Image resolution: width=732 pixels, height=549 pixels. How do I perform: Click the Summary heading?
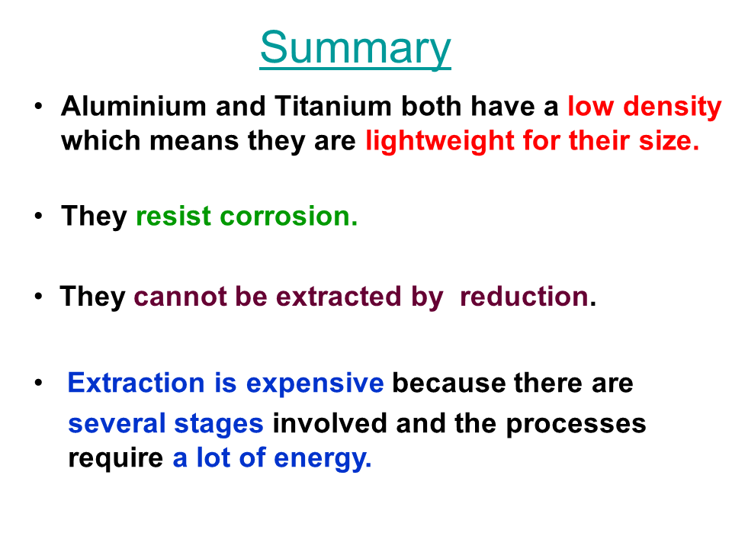click(355, 48)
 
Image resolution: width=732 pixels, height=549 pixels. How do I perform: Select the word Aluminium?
click(133, 106)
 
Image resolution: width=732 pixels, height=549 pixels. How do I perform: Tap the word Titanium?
click(333, 106)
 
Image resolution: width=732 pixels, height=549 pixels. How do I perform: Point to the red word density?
click(673, 108)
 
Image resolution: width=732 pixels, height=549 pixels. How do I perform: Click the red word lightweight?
click(439, 142)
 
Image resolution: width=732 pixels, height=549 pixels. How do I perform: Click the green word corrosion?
click(288, 216)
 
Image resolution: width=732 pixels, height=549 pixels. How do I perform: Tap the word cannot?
click(179, 297)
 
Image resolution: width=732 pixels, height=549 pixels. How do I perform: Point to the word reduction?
click(524, 297)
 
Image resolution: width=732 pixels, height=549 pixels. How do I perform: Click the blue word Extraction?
click(136, 383)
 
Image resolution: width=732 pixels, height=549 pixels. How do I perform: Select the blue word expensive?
click(315, 384)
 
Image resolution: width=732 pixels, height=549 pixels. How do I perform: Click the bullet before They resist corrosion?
click(38, 216)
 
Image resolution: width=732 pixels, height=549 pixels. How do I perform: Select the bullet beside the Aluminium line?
click(38, 106)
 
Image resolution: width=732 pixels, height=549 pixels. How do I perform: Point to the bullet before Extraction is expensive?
click(38, 383)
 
